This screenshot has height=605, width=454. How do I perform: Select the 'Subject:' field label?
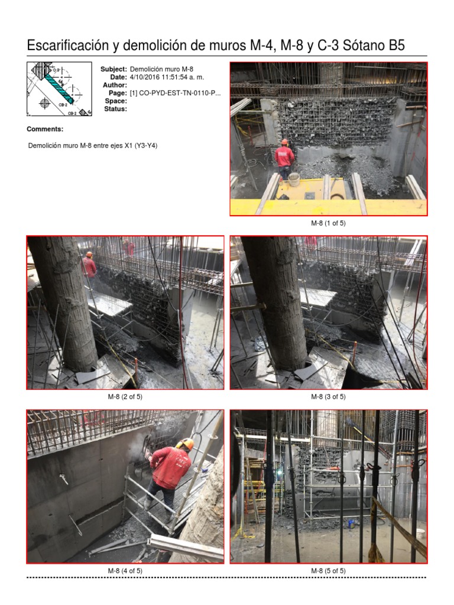coord(113,70)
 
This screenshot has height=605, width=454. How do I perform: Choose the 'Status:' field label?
coord(115,109)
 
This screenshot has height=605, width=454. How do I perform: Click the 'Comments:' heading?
coord(45,129)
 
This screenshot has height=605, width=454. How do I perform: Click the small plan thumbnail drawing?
coord(58,89)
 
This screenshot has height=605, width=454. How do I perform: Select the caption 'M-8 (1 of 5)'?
coord(328,223)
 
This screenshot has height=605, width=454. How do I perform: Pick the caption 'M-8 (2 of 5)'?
coord(125,397)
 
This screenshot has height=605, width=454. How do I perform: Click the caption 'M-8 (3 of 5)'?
coord(328,397)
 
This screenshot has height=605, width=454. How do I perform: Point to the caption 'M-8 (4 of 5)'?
coord(125,571)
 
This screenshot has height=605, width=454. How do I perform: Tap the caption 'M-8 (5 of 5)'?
coord(328,571)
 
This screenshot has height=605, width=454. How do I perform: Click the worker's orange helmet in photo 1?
coord(284,142)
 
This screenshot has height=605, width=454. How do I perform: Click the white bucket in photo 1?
coord(294,179)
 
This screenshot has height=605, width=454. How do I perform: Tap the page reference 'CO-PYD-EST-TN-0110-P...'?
coord(175,93)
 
